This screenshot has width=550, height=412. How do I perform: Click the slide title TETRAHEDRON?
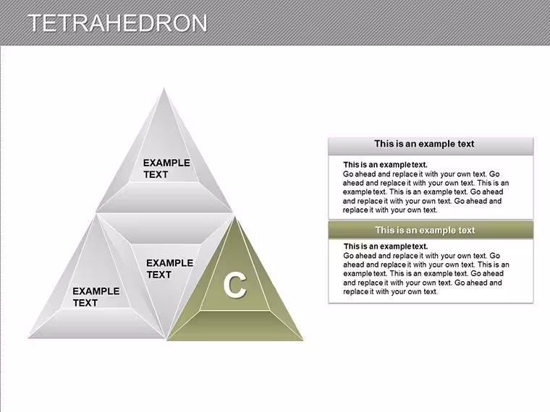pyautogui.click(x=117, y=23)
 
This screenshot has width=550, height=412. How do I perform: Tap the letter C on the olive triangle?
pyautogui.click(x=235, y=286)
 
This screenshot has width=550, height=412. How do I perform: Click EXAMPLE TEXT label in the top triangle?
pyautogui.click(x=166, y=168)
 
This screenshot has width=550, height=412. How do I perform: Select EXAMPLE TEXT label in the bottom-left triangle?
pyautogui.click(x=96, y=297)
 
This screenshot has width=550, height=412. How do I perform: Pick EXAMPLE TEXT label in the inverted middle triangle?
pyautogui.click(x=169, y=269)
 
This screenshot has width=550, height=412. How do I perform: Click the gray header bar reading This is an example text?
pyautogui.click(x=431, y=146)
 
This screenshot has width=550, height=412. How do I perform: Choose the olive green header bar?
pyautogui.click(x=431, y=230)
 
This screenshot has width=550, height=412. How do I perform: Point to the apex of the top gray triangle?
pyautogui.click(x=164, y=88)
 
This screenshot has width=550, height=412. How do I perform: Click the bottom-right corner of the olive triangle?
pyautogui.click(x=303, y=340)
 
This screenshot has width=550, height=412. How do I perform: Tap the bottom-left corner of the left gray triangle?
pyautogui.click(x=28, y=338)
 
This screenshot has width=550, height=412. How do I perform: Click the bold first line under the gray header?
pyautogui.click(x=385, y=165)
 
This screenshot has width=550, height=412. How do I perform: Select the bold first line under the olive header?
pyautogui.click(x=386, y=246)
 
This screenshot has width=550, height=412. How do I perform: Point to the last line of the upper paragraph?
pyautogui.click(x=390, y=210)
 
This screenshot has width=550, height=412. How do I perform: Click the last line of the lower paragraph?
pyautogui.click(x=390, y=292)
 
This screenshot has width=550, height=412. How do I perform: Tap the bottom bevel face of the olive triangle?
pyautogui.click(x=235, y=325)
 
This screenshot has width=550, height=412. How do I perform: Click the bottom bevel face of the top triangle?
pyautogui.click(x=164, y=197)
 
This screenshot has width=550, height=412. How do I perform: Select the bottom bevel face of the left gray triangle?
pyautogui.click(x=96, y=323)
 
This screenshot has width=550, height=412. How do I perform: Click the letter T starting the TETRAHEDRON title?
pyautogui.click(x=35, y=23)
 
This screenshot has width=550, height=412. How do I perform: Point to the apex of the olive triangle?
pyautogui.click(x=236, y=218)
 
